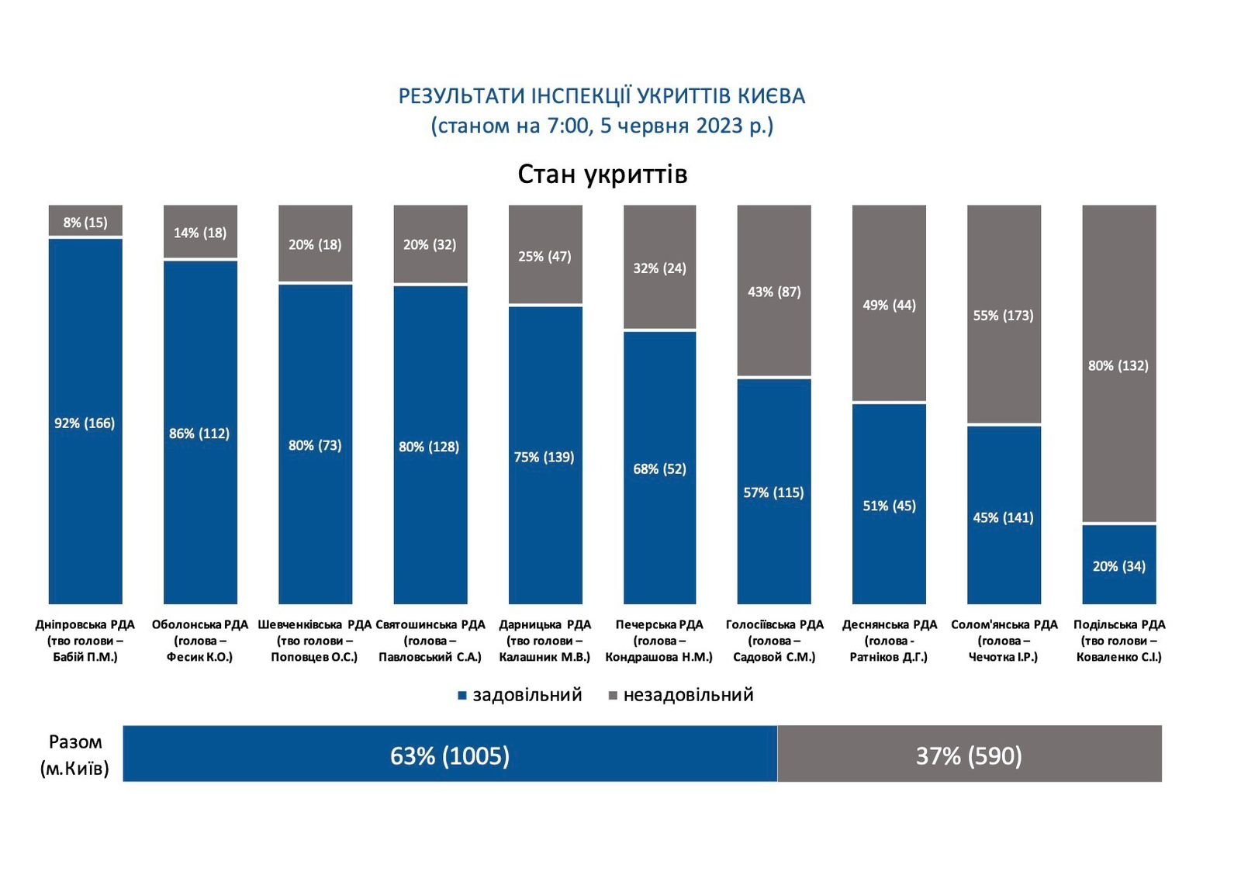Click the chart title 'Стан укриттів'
[x=602, y=175]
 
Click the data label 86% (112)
[x=199, y=434]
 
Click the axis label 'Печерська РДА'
[x=659, y=624]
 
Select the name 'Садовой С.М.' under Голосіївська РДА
[x=774, y=657]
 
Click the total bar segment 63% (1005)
[x=450, y=755]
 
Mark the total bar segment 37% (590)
[x=969, y=755]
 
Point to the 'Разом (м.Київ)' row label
[x=74, y=755]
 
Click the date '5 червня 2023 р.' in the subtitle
[x=686, y=126]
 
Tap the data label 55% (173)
[x=1003, y=316]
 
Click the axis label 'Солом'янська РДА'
[x=1004, y=624]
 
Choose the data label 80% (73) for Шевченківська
[x=315, y=445]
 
